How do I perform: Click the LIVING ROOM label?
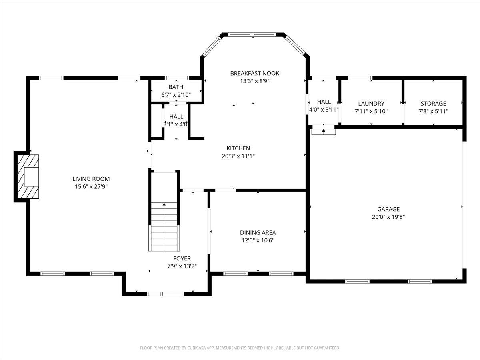(91, 179)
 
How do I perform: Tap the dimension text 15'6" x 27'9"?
(91, 187)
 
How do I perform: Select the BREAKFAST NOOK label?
(254, 73)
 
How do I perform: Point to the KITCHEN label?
(238, 148)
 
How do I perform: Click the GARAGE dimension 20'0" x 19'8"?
(388, 217)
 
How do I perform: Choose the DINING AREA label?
(258, 232)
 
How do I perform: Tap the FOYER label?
(182, 258)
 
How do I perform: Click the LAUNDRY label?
(371, 103)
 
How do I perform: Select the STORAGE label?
(433, 103)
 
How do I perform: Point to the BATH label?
(176, 87)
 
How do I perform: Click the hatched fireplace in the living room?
(28, 177)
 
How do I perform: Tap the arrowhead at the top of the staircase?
(164, 204)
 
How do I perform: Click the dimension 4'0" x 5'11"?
(324, 110)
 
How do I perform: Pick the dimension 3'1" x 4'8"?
(175, 124)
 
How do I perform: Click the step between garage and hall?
(324, 132)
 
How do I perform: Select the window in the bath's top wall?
(177, 78)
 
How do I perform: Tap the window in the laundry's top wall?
(360, 78)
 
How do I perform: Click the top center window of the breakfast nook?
(252, 34)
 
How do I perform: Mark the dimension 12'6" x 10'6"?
(258, 240)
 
